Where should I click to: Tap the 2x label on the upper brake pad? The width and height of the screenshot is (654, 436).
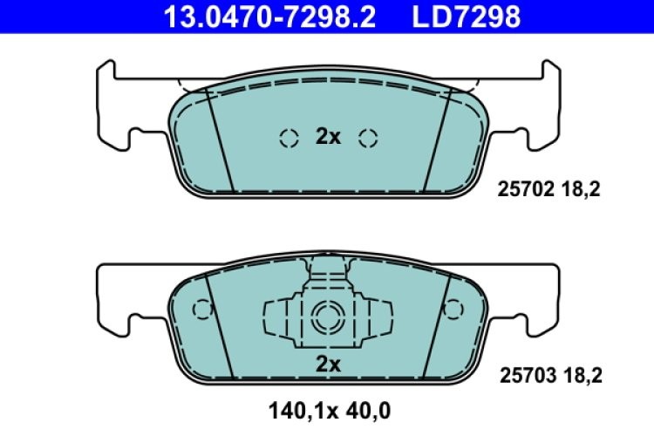click(327, 136)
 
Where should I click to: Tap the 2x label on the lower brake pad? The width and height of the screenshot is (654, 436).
click(327, 362)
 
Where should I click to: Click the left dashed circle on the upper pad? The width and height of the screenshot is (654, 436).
click(287, 137)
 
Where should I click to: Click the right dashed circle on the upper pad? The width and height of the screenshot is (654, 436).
click(367, 137)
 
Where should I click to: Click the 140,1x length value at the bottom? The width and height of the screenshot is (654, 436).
click(295, 408)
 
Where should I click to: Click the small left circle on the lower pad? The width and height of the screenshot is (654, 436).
click(201, 309)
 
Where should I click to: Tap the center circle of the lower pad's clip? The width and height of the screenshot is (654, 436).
click(327, 315)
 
